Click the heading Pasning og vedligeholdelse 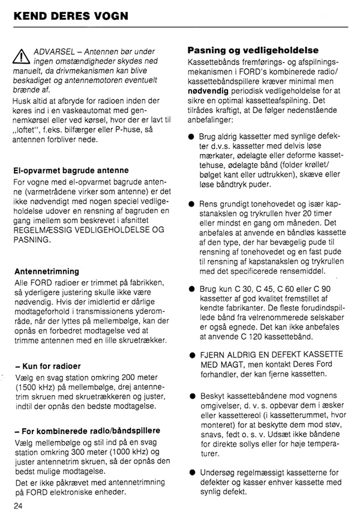click(253, 50)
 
